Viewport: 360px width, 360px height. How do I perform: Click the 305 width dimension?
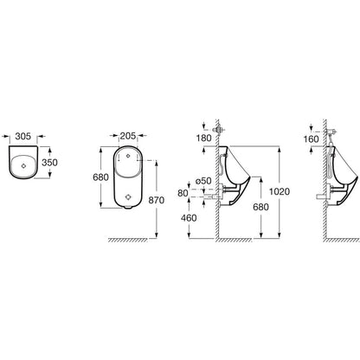[23, 136]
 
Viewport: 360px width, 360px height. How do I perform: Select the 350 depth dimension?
[49, 163]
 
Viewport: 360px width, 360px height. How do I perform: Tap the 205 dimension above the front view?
[128, 136]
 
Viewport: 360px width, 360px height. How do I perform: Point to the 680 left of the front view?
[100, 177]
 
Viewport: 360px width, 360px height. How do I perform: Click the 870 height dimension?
[157, 200]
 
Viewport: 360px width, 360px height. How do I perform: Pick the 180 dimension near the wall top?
[204, 138]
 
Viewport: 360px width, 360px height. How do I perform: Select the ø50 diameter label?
[203, 181]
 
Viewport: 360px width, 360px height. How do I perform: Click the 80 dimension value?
[183, 193]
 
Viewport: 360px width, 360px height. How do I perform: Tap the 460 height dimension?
[189, 218]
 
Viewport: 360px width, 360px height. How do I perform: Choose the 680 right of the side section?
[260, 207]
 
